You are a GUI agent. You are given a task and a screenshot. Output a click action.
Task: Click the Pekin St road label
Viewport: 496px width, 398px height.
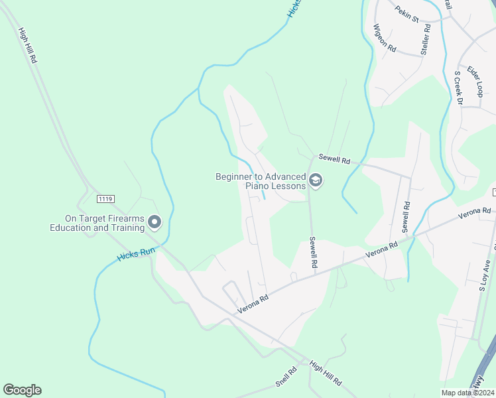coord(406,14)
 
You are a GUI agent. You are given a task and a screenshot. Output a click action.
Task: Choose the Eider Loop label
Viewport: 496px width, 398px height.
coord(474,81)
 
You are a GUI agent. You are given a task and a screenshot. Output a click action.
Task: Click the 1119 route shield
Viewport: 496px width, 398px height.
coord(105,198)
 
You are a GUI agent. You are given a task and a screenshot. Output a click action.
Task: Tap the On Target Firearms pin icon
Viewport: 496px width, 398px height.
coord(155,222)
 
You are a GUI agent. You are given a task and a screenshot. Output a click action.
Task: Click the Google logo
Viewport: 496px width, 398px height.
coord(22,390)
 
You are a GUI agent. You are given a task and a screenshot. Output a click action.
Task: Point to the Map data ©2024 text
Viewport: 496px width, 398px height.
coord(468,393)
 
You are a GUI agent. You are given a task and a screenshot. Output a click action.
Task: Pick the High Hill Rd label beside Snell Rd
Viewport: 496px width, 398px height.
coord(325,373)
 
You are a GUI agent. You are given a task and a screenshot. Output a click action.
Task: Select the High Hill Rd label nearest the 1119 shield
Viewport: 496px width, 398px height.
coord(29,45)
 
